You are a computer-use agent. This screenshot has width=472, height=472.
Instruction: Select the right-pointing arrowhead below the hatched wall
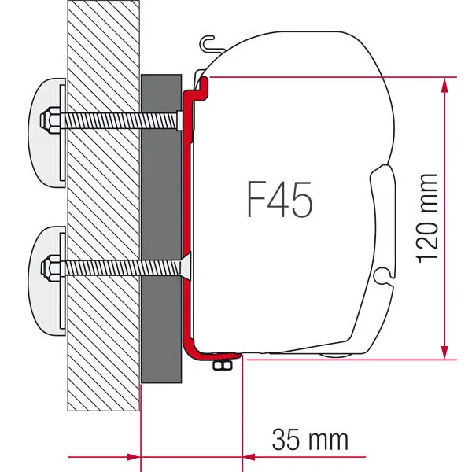coord(131,455)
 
